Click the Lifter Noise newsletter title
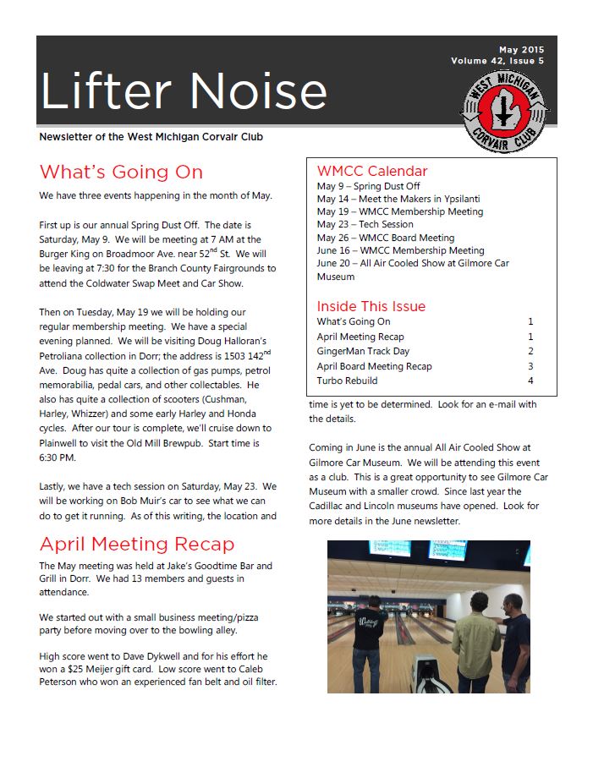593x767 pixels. [x=183, y=91]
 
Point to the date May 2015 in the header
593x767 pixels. [x=521, y=51]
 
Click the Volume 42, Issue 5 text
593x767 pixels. [x=497, y=62]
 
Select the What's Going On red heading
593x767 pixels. [x=121, y=173]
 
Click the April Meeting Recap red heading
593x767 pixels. [x=136, y=544]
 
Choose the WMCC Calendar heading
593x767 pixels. [x=372, y=172]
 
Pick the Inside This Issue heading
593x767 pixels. [x=371, y=306]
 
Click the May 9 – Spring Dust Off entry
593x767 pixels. [x=368, y=186]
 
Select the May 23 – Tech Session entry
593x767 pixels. [x=365, y=225]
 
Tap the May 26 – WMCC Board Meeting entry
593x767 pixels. [x=385, y=238]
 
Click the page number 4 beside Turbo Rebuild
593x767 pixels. [x=530, y=381]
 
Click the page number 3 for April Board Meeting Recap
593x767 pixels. [x=530, y=366]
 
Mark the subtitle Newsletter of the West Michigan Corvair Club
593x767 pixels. [x=156, y=137]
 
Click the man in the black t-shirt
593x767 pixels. [x=376, y=633]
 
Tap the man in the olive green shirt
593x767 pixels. [x=477, y=643]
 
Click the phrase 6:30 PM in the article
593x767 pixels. [x=58, y=457]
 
